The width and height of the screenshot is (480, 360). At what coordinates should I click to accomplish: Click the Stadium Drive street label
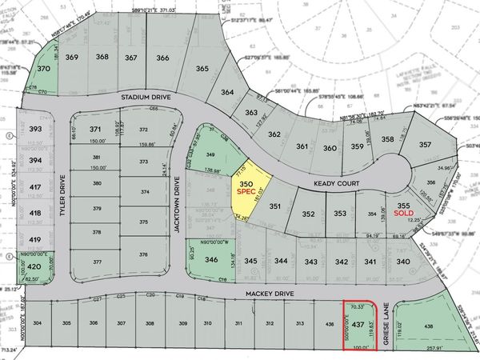tap(146, 98)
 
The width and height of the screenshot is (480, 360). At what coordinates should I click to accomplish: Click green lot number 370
tap(45, 70)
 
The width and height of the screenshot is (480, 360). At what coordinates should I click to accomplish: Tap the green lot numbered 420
tap(34, 266)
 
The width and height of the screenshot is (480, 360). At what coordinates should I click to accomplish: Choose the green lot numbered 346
tap(211, 260)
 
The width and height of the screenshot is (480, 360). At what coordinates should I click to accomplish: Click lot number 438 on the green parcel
tap(429, 326)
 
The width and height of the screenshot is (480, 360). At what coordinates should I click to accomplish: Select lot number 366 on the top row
tap(162, 58)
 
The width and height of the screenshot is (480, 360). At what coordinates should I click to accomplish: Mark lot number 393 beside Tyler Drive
tap(34, 128)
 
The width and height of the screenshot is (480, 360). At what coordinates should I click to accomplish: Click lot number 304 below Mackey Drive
tap(38, 323)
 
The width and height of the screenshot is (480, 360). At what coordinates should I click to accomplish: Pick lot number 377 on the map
tap(97, 262)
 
